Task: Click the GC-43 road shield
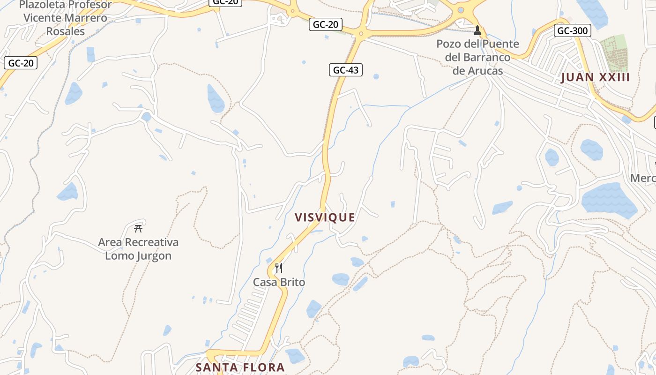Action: [346, 70]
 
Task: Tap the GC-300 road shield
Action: [572, 31]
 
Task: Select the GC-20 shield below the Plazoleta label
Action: [21, 63]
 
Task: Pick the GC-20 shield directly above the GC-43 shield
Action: [325, 24]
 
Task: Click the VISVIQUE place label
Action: [325, 217]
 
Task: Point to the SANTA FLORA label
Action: [240, 367]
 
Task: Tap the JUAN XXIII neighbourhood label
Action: [595, 77]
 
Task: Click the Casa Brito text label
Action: [279, 282]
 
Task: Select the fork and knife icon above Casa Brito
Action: [278, 268]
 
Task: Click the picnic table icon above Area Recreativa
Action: [138, 229]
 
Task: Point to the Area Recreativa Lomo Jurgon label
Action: [138, 249]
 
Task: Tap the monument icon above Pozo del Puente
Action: [477, 31]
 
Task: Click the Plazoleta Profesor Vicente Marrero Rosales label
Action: [65, 18]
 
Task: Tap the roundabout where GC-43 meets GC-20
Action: [361, 33]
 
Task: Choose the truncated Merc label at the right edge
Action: [643, 178]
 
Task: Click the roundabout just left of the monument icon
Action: [461, 10]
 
